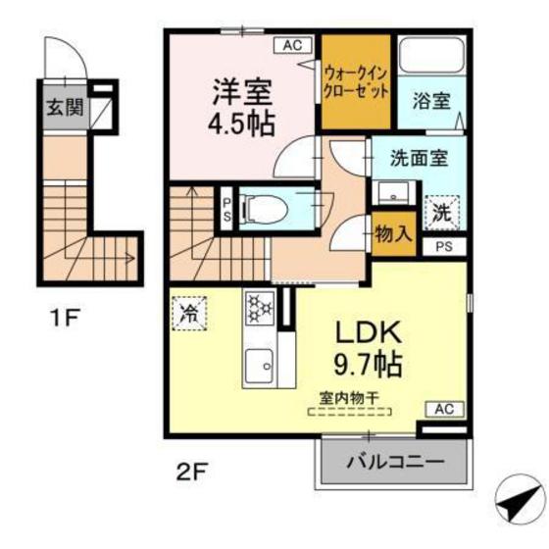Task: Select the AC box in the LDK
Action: point(441,409)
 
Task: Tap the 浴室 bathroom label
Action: point(430,99)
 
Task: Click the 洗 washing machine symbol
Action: point(442,209)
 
